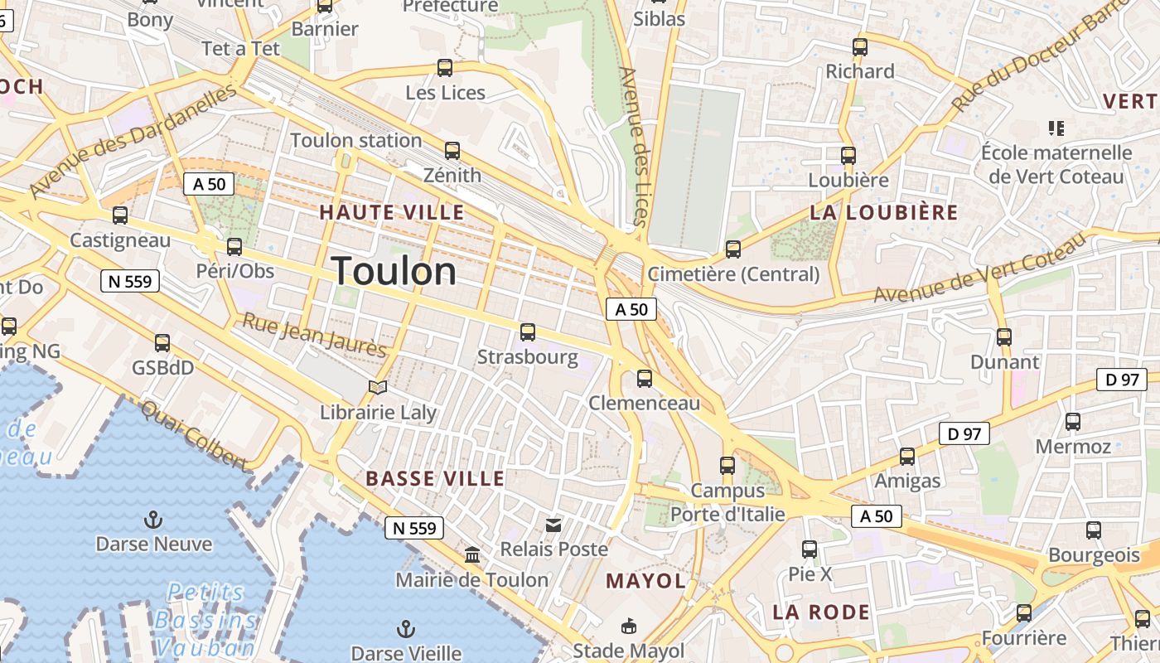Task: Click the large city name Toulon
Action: point(394,271)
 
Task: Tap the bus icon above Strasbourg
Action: point(528,332)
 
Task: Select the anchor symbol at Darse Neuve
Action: point(153,520)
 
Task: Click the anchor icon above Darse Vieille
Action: point(406,628)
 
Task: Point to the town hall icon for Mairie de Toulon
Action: point(472,554)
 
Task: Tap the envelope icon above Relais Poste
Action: point(553,524)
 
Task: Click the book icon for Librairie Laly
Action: point(378,387)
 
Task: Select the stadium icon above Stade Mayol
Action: point(629,626)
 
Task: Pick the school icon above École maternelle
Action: point(1056,128)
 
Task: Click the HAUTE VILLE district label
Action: point(392,212)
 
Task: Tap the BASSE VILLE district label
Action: point(435,478)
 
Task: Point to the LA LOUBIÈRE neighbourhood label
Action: point(883,212)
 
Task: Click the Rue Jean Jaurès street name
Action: point(314,335)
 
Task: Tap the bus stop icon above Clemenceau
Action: point(645,379)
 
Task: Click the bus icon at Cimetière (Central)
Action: point(733,249)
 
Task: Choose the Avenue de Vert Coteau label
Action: point(979,269)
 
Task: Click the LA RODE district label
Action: point(821,612)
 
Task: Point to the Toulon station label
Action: point(356,140)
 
